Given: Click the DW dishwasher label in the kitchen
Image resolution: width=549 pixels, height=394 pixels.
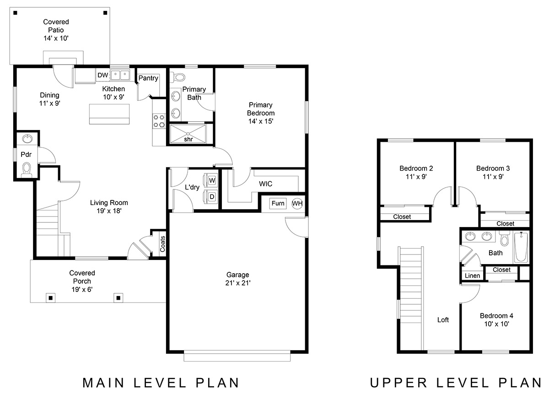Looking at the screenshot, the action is click(x=102, y=75).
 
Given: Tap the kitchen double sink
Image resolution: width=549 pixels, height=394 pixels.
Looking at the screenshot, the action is click(x=120, y=75).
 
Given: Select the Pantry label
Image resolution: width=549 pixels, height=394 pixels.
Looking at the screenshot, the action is click(x=148, y=78).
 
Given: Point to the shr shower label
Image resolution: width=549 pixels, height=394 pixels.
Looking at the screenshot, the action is click(x=188, y=139).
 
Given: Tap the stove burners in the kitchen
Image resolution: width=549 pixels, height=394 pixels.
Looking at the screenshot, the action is click(x=159, y=121).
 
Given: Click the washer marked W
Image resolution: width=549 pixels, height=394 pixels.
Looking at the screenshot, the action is click(x=210, y=180).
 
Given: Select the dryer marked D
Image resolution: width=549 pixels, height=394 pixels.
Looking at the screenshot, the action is click(x=210, y=196).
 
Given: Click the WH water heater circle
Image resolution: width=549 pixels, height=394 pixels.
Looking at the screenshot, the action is click(x=297, y=204).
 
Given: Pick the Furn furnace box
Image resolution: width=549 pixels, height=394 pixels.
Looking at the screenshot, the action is click(x=278, y=204).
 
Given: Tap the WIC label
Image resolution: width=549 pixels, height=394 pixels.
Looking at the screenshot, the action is click(x=266, y=184).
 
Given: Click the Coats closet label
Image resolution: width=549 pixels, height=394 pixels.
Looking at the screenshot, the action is click(x=162, y=244).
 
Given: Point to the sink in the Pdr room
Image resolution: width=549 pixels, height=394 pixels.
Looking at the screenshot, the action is click(x=27, y=139).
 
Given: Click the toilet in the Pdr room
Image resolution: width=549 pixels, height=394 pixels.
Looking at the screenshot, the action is click(x=27, y=170).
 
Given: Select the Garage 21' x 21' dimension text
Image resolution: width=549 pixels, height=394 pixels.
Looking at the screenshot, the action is click(x=238, y=283).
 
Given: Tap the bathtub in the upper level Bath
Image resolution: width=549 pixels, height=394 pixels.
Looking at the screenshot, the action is click(x=521, y=247).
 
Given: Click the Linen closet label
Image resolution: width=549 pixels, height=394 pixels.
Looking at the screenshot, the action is click(x=472, y=275).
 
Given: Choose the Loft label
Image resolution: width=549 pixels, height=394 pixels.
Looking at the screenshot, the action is click(x=443, y=320).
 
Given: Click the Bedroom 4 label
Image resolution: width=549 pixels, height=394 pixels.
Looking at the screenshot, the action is click(x=496, y=316).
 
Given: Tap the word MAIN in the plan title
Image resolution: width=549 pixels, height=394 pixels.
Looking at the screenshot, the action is click(x=103, y=383).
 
